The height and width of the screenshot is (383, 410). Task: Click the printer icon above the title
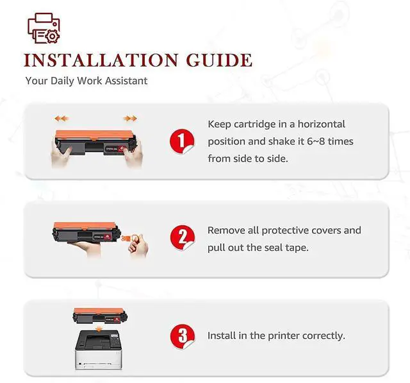44,28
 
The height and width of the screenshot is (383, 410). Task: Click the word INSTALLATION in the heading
101,60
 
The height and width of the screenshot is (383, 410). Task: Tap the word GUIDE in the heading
219,60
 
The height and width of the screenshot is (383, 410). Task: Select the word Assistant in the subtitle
127,81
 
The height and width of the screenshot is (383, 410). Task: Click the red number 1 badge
182,141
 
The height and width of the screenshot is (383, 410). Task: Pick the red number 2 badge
182,238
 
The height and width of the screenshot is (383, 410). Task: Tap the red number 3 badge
182,336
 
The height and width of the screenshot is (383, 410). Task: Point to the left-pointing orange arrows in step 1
61,119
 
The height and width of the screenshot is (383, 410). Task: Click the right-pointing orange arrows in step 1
130,119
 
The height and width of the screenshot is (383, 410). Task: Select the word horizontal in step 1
322,124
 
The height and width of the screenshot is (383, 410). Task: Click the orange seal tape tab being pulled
127,238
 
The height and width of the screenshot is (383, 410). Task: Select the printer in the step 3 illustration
99,350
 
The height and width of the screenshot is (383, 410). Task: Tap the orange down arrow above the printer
99,329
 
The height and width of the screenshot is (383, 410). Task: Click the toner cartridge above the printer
100,316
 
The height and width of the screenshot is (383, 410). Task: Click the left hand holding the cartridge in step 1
61,157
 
